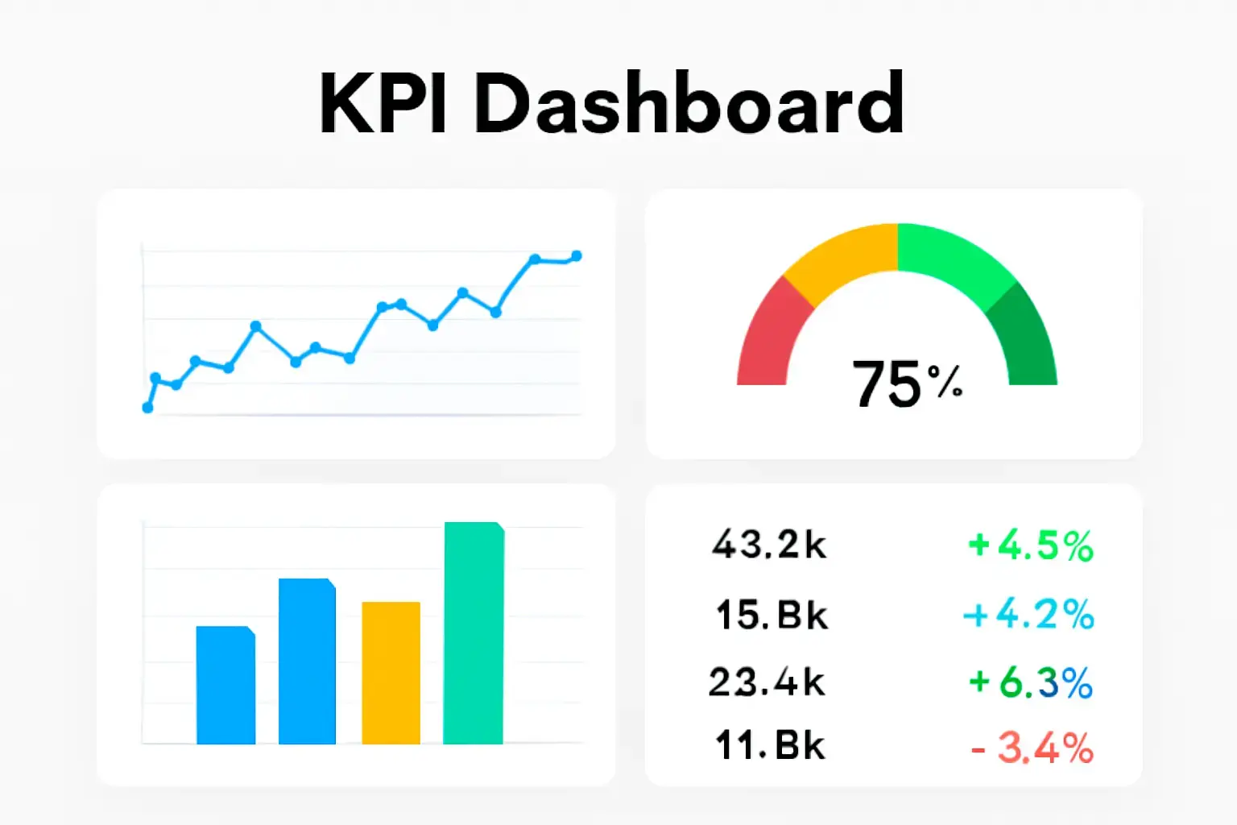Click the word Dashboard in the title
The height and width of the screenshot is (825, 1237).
click(689, 105)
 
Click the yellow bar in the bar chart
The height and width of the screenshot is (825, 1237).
click(391, 673)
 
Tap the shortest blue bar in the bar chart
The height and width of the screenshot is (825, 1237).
click(225, 685)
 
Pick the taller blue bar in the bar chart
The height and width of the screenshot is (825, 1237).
click(307, 661)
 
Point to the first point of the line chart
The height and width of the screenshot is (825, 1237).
click(147, 408)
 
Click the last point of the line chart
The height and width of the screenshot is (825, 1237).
click(576, 256)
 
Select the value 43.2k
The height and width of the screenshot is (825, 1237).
click(769, 545)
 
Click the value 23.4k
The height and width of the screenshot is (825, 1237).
click(767, 682)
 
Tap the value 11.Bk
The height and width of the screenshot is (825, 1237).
click(770, 745)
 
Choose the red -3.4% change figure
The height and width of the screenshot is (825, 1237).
click(1032, 748)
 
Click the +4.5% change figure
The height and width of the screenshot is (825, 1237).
click(1031, 545)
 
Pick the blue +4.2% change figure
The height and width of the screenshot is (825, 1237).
click(1029, 615)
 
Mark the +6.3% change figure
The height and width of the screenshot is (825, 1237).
click(1031, 683)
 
